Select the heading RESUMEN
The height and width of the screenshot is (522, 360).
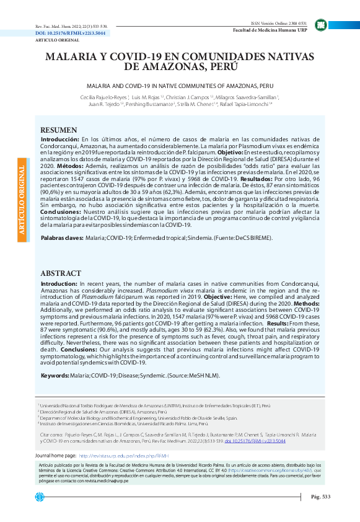59,130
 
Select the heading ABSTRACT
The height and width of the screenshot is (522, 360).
61,273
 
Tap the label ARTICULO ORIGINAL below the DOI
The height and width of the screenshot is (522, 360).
53,38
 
